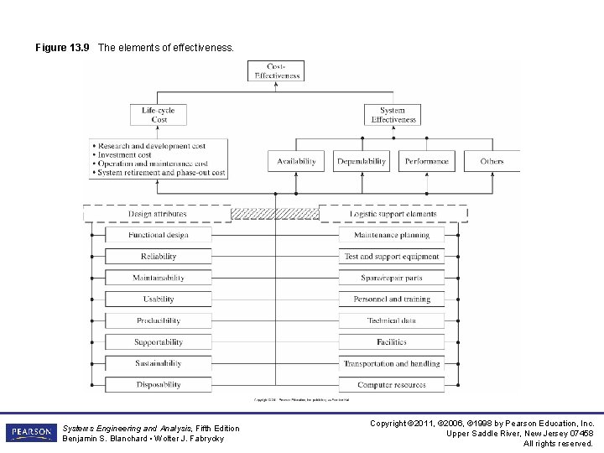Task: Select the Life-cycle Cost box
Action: pyautogui.click(x=159, y=115)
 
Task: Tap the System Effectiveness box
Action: pyautogui.click(x=393, y=115)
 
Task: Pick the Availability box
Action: pyautogui.click(x=296, y=161)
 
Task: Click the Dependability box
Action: pyautogui.click(x=362, y=161)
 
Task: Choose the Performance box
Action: pyautogui.click(x=427, y=161)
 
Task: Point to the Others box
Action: pyautogui.click(x=492, y=161)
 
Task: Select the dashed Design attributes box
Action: pyautogui.click(x=157, y=214)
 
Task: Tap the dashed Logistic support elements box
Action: pyautogui.click(x=393, y=214)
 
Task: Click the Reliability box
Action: pyautogui.click(x=158, y=257)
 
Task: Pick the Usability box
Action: pyautogui.click(x=158, y=299)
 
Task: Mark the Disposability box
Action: pyautogui.click(x=158, y=385)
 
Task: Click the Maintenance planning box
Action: pyautogui.click(x=391, y=236)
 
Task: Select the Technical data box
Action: pyautogui.click(x=391, y=321)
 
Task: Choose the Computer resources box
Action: pyautogui.click(x=391, y=385)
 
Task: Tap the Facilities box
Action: pyautogui.click(x=391, y=342)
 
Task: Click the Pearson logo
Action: pyautogui.click(x=30, y=433)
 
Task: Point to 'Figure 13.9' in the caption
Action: pyautogui.click(x=62, y=48)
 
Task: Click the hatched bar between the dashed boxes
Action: pyautogui.click(x=275, y=214)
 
